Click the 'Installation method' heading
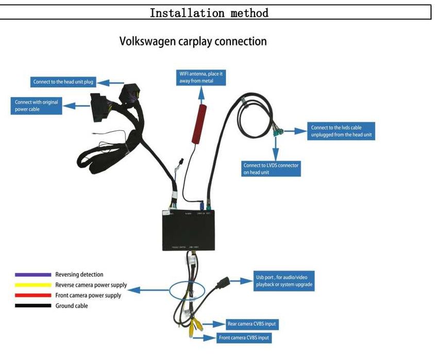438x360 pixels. (x=209, y=13)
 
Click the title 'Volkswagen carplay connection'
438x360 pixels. (x=193, y=41)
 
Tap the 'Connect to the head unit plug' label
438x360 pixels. (x=63, y=82)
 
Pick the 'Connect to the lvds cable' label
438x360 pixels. (x=341, y=131)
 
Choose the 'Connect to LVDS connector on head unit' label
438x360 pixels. (x=271, y=169)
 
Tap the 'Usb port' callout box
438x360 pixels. (x=284, y=281)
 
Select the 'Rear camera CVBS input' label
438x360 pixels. (x=252, y=324)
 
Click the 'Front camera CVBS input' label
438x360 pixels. (x=244, y=338)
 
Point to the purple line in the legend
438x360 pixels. (x=33, y=275)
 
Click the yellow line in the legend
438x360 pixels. (x=33, y=285)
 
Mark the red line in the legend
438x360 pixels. (x=33, y=296)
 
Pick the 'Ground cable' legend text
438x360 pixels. (x=72, y=306)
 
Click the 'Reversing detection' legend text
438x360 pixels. (x=79, y=275)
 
